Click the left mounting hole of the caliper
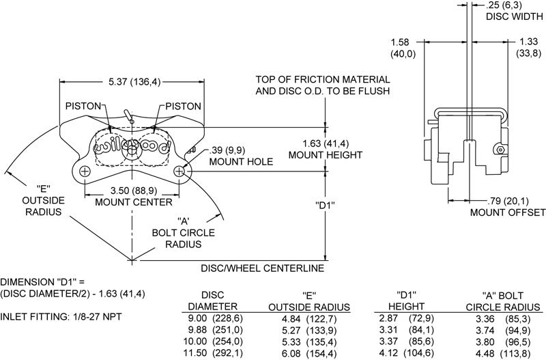click(84, 171)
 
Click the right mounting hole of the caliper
click(179, 171)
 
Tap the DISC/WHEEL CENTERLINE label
click(262, 268)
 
